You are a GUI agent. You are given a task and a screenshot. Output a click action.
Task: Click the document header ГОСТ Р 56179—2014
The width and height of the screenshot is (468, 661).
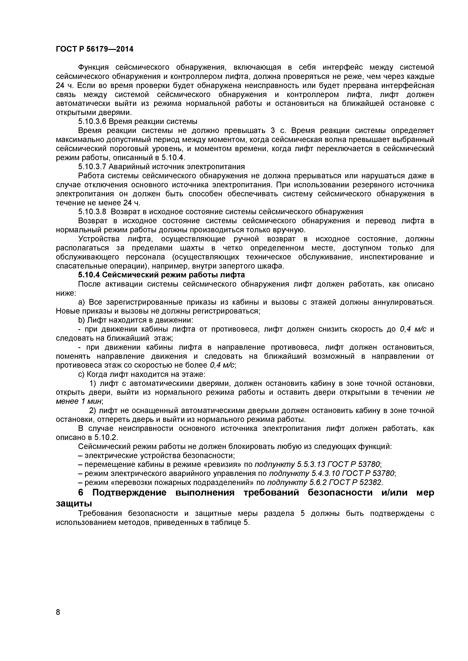coord(95,49)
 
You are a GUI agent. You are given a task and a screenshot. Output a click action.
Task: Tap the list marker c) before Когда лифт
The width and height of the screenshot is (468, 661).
coord(81,374)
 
